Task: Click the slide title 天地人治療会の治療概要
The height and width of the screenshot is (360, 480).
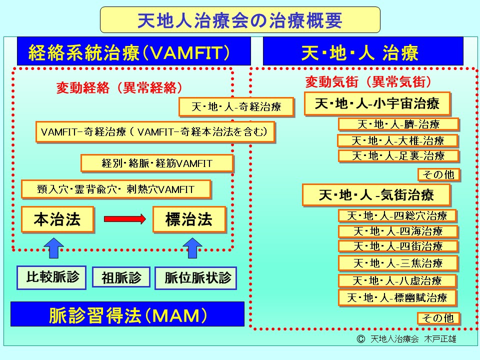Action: (x=240, y=20)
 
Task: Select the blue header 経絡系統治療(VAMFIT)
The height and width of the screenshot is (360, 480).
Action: (x=133, y=51)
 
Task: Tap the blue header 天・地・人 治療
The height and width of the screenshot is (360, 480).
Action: (x=362, y=51)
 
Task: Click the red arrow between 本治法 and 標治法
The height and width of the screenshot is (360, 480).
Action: (x=124, y=219)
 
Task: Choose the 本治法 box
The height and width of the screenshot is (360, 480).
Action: (x=57, y=219)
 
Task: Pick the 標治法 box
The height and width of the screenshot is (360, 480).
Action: (x=189, y=219)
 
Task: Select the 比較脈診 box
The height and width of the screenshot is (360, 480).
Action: (x=48, y=276)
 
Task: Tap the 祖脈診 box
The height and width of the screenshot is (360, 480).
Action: (x=121, y=277)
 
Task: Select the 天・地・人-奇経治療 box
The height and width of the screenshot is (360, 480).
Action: (x=236, y=106)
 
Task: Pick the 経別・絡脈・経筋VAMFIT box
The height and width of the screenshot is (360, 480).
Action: (x=157, y=163)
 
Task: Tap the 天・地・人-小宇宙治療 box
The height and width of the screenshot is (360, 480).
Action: (x=377, y=104)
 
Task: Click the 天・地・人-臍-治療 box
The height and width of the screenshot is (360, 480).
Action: (x=398, y=124)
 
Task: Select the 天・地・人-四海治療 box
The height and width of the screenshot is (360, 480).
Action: (x=398, y=231)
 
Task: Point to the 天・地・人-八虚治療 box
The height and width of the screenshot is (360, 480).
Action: (x=397, y=281)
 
